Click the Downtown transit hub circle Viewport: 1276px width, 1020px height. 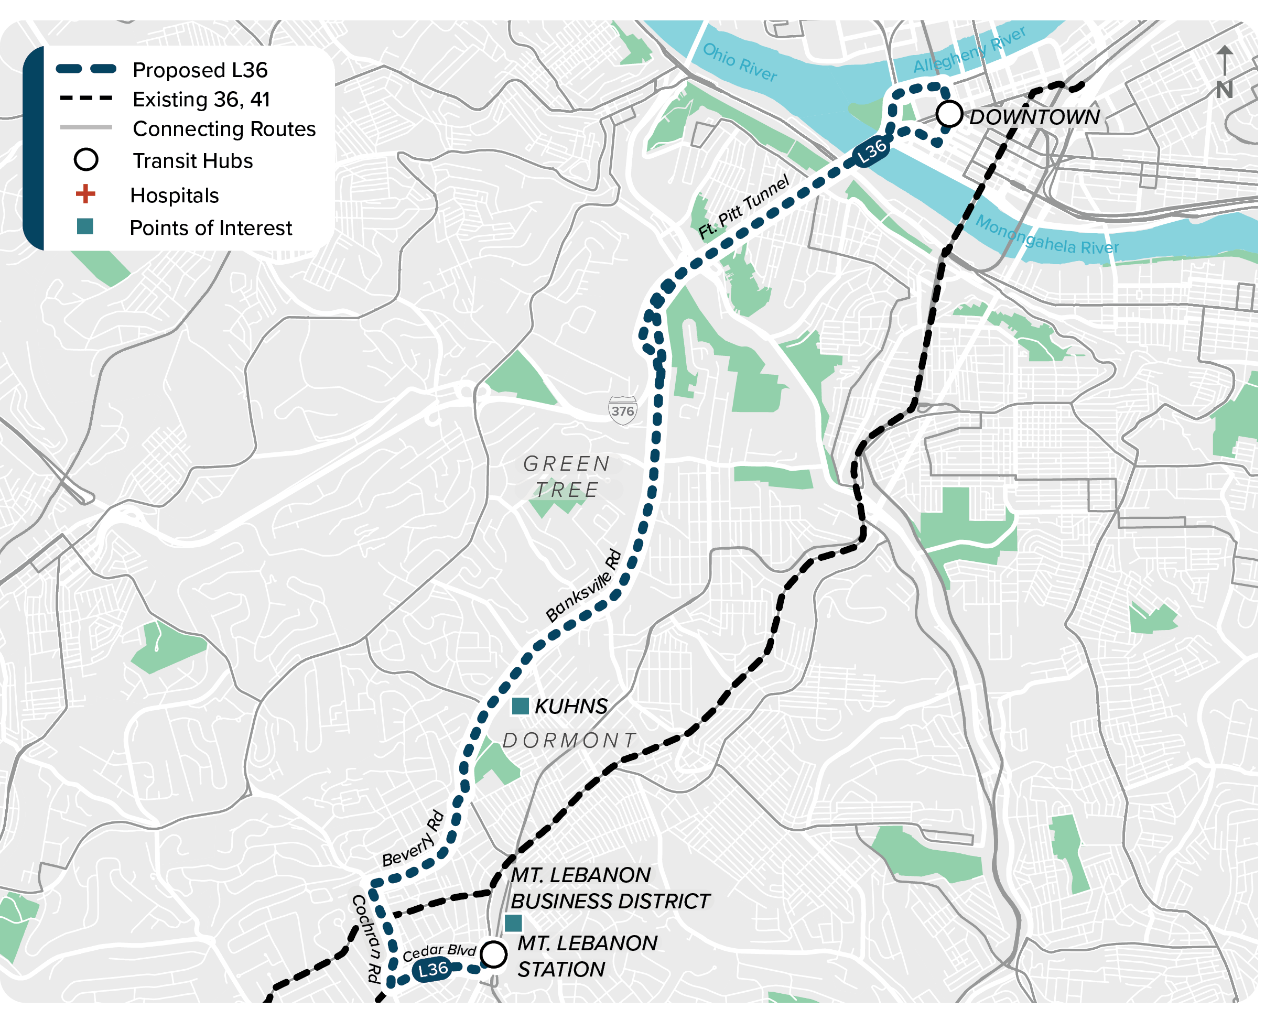click(949, 114)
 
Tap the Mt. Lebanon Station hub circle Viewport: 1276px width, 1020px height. click(494, 954)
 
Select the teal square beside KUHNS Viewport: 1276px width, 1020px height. click(520, 706)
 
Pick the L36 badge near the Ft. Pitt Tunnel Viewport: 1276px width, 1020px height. click(872, 151)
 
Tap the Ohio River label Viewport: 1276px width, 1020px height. click(739, 62)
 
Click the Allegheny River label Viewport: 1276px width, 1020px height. click(969, 50)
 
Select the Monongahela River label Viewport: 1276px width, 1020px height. click(1046, 235)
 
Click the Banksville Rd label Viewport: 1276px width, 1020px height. click(583, 585)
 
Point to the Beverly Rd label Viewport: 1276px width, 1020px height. click(413, 839)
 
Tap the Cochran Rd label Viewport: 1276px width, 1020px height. click(366, 938)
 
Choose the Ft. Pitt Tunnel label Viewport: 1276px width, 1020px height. click(744, 207)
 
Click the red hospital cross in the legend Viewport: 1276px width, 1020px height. click(86, 194)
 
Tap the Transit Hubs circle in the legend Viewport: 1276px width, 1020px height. click(86, 160)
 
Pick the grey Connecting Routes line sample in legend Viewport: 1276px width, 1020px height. click(86, 127)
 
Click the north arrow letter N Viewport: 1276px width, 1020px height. click(1224, 90)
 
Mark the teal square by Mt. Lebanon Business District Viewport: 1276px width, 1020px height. click(513, 923)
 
